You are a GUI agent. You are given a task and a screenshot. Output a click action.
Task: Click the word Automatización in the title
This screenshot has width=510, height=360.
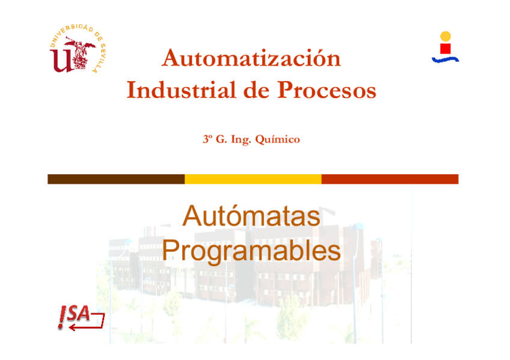251,58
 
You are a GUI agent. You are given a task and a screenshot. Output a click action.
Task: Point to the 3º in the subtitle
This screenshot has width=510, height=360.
207,139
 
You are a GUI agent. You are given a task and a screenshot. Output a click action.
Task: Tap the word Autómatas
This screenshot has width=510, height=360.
251,216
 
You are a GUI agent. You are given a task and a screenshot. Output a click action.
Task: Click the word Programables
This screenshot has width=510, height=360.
251,251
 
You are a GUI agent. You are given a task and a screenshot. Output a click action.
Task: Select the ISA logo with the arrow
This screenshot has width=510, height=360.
81,317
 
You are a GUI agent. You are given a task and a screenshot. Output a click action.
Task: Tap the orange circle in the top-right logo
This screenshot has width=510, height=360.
445,36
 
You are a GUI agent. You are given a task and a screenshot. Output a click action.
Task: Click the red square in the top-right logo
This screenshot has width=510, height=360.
446,48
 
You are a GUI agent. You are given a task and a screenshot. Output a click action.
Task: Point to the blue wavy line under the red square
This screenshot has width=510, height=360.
445,59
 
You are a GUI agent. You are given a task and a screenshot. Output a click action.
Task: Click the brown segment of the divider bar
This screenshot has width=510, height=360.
116,179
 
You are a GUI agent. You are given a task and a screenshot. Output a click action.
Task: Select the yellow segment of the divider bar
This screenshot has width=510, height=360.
253,179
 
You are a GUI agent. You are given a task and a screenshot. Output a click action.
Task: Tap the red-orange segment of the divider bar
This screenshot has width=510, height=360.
390,179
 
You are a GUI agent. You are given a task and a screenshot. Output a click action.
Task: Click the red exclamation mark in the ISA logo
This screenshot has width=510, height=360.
62,317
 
